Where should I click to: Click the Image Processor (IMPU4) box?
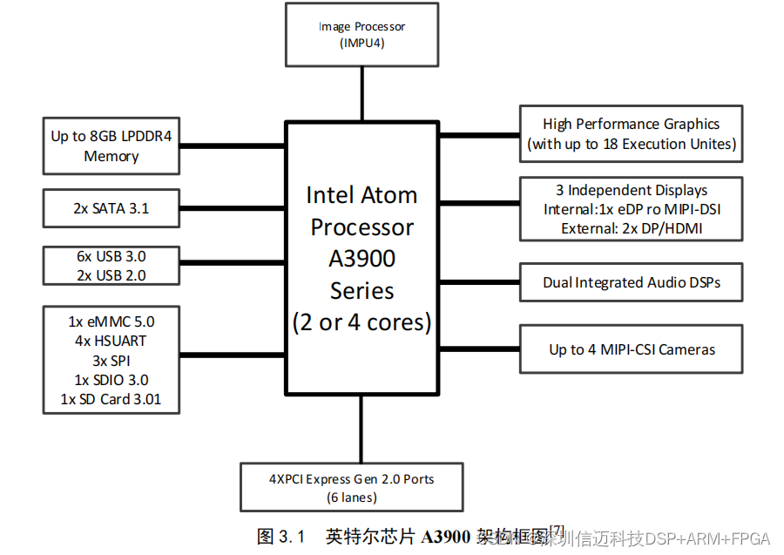(x=362, y=35)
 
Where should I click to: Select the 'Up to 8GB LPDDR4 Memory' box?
(x=112, y=146)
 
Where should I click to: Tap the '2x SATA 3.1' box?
(x=112, y=209)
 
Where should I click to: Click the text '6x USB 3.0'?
(x=112, y=256)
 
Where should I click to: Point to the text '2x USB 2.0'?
(x=112, y=275)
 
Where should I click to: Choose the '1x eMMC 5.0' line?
(x=112, y=321)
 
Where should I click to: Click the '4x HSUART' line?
(x=112, y=341)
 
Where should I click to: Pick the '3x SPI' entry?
(x=112, y=360)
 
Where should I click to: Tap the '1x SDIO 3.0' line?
(x=112, y=380)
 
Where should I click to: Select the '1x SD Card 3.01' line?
(x=112, y=400)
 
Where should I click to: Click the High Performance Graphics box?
(x=631, y=133)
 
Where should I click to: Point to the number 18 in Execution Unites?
(x=612, y=144)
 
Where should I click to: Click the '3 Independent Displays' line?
(x=632, y=190)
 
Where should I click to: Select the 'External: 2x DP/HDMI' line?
(x=632, y=228)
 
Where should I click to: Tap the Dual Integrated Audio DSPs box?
(x=632, y=283)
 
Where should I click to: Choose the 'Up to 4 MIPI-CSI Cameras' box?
(x=632, y=349)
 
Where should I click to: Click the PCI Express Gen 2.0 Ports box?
(x=351, y=488)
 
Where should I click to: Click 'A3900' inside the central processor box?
(x=362, y=259)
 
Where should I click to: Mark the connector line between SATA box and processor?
(x=233, y=209)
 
